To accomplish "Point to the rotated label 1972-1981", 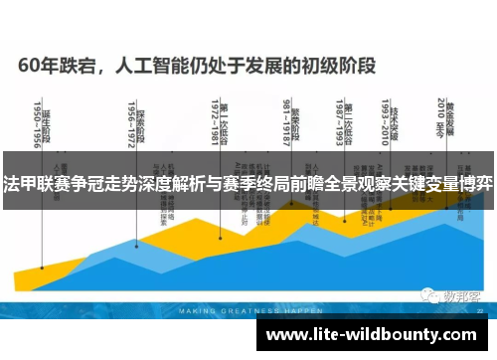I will tap(216, 121).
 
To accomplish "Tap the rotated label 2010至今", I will tap(438, 117).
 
